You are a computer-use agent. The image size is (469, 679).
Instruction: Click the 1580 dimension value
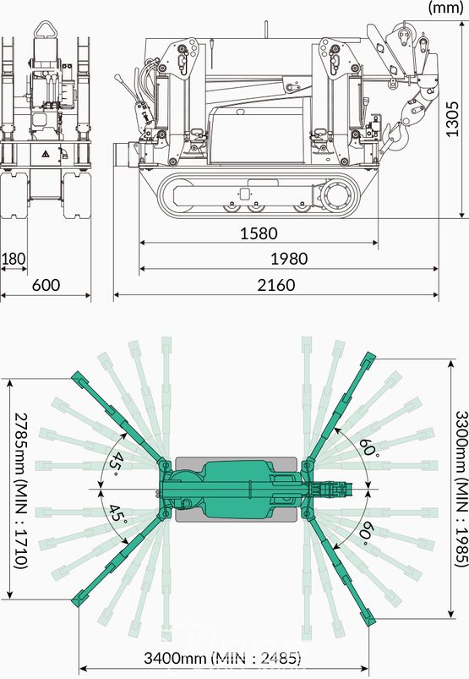point(259,233)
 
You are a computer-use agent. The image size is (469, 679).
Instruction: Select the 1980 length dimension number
point(289,259)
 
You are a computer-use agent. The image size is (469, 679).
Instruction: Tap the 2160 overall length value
point(276,285)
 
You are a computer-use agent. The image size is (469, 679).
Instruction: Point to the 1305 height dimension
point(452,119)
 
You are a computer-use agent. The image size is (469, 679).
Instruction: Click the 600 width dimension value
point(46,285)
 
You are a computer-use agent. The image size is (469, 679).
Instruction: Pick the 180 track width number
point(14,259)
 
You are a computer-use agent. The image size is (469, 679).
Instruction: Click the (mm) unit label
point(445,8)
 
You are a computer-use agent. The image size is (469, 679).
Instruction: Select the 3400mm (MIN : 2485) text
point(222,658)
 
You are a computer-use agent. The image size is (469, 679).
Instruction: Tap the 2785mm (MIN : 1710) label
point(21,489)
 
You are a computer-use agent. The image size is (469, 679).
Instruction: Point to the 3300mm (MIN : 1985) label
point(462,489)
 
